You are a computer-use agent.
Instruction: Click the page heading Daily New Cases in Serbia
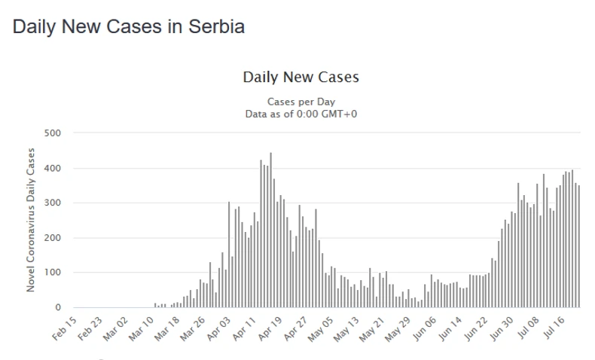(129, 27)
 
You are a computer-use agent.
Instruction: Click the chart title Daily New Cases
(301, 78)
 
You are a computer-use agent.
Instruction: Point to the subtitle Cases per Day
(301, 102)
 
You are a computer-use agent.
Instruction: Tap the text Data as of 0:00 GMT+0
(301, 113)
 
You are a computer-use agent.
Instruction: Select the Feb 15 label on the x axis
(66, 326)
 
